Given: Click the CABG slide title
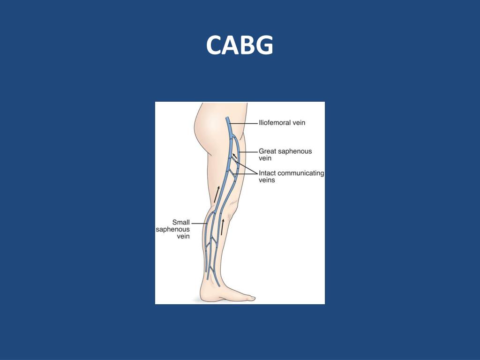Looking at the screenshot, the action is pyautogui.click(x=240, y=46).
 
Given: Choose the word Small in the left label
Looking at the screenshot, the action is pyautogui.click(x=180, y=222).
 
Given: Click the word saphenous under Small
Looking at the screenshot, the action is pyautogui.click(x=173, y=229).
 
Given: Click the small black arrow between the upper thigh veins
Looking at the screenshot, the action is pyautogui.click(x=234, y=156).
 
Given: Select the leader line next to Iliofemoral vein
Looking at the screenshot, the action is pyautogui.click(x=244, y=123).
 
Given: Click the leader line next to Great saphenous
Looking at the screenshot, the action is pyautogui.click(x=248, y=151).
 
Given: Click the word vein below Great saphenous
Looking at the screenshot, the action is pyautogui.click(x=265, y=158).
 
